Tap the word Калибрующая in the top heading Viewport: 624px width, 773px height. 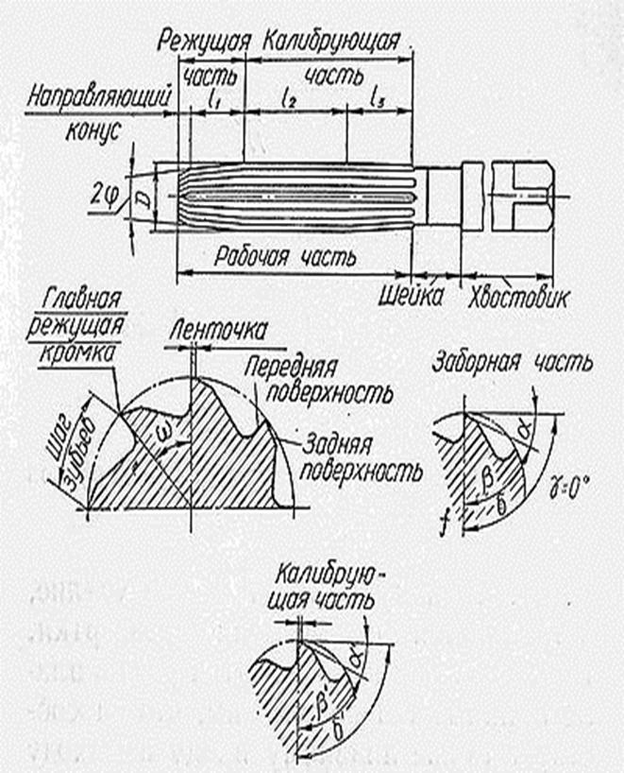[334, 43]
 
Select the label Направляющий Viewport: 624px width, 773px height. [99, 99]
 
